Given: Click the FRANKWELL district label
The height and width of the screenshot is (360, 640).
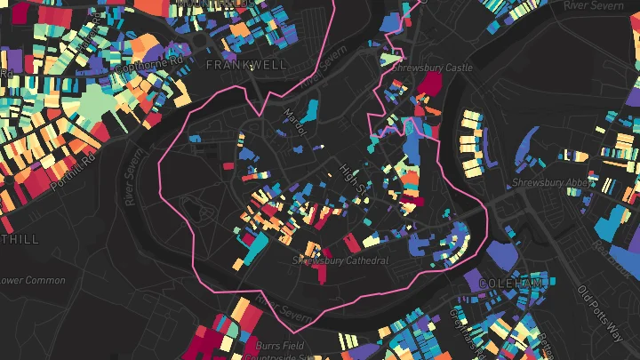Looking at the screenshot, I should click(233, 65).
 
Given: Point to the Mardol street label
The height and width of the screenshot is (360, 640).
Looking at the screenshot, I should click(294, 122).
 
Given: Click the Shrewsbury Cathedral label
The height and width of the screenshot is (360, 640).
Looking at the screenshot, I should click(340, 260).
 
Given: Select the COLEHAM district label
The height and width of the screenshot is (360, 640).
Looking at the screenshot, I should click(509, 283).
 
